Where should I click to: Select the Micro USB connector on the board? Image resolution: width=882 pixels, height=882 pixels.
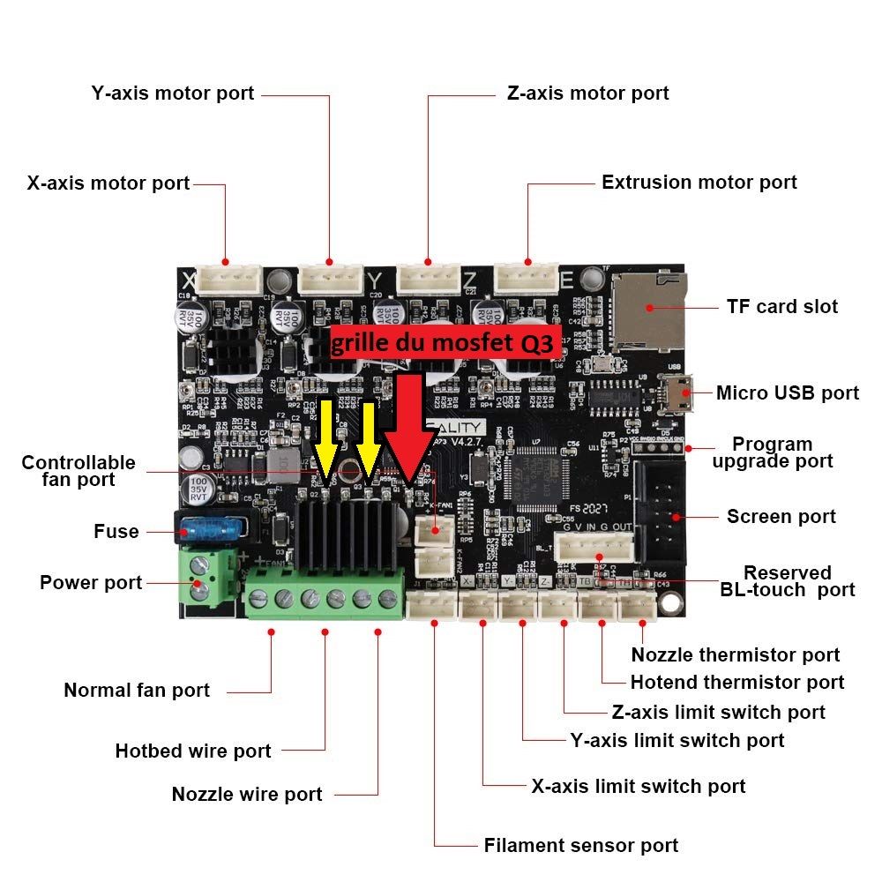click(x=682, y=392)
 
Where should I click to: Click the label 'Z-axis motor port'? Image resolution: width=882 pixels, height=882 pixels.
click(x=587, y=93)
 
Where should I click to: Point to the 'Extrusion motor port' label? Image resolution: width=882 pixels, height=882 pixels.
click(x=699, y=183)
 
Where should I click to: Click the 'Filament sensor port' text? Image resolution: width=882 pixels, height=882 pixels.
click(x=581, y=846)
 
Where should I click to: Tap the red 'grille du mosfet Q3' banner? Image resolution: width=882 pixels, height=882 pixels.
click(x=443, y=343)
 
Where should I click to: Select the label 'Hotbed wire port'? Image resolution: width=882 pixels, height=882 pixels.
click(x=193, y=751)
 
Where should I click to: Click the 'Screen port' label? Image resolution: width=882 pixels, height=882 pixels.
click(x=781, y=517)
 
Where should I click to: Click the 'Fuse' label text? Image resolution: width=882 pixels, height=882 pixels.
click(x=116, y=532)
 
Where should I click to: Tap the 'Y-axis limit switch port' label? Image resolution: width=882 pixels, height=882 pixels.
click(x=677, y=741)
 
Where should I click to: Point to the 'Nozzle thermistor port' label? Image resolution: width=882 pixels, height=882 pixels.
click(x=736, y=655)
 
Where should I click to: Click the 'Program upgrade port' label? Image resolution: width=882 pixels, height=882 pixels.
click(x=772, y=452)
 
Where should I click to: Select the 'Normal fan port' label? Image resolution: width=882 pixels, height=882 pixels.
click(x=137, y=691)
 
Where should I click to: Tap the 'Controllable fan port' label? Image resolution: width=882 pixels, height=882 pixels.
click(x=78, y=471)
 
